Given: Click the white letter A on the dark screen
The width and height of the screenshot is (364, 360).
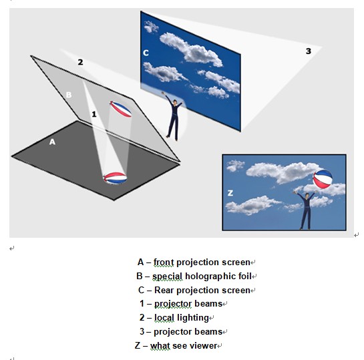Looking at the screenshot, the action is coord(52,142).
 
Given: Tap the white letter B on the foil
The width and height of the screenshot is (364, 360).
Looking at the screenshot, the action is coord(69,95).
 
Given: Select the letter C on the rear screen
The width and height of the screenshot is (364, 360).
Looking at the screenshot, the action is coord(146,53).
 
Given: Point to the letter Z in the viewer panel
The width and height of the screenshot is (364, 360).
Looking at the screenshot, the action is coord(230,193).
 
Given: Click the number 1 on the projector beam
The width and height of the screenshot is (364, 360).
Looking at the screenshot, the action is coord(94,114).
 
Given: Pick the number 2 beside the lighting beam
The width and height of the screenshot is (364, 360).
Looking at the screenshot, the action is coord(80,62).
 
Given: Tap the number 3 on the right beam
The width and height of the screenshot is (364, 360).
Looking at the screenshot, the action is coord(309,51).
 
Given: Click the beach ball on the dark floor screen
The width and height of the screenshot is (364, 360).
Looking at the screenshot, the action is coord(115,178).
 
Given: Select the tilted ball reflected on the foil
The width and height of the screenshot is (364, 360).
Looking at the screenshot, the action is coord(120,109).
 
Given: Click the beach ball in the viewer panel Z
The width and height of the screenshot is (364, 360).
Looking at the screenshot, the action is coord(323,179).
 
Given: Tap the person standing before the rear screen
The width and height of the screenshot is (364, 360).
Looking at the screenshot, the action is coord(174,116).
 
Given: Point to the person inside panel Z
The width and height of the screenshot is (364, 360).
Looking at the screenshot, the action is coord(306,210).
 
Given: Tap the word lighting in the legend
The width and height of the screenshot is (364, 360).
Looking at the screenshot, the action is coord(193,318).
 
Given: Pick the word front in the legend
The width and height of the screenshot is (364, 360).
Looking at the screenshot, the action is coord(164,262).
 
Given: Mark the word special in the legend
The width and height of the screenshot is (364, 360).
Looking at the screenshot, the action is coord(168,277).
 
